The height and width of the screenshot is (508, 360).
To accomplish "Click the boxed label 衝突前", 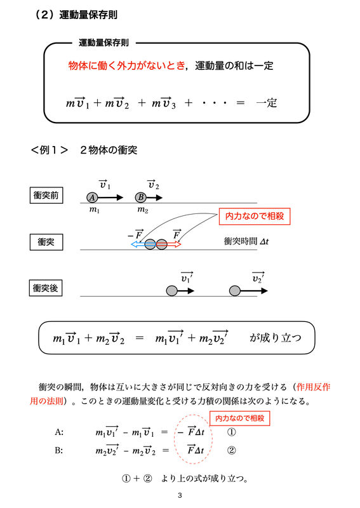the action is (x=46, y=196).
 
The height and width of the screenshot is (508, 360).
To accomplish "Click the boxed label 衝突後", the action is (x=46, y=288).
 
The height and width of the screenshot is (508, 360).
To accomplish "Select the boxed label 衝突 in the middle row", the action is (x=46, y=242).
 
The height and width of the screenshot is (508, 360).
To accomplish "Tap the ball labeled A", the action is (x=92, y=197).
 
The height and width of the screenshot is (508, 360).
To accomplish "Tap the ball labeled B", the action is (x=141, y=197).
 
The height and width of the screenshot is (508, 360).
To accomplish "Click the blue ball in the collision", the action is (x=150, y=244).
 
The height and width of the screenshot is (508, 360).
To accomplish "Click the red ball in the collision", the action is (x=161, y=244).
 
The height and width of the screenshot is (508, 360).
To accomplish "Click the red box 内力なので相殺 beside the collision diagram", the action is (x=255, y=216).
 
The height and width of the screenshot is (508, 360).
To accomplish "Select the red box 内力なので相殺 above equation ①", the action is (x=240, y=418).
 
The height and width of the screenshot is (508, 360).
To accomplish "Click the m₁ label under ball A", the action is (x=95, y=210).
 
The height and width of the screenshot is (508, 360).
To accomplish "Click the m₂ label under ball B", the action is (x=143, y=210).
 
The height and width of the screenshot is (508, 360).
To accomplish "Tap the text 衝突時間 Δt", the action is (x=246, y=241).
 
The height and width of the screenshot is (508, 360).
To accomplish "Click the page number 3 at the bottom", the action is (x=180, y=495).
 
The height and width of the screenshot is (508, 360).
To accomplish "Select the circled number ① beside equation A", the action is (x=231, y=432).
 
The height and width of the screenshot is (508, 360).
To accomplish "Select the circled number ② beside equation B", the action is (x=231, y=450).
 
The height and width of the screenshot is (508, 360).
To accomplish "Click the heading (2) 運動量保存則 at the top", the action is (x=76, y=15).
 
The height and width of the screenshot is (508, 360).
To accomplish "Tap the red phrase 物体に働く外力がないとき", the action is (x=127, y=66).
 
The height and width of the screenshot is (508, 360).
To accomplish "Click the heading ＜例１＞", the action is (x=50, y=150).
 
